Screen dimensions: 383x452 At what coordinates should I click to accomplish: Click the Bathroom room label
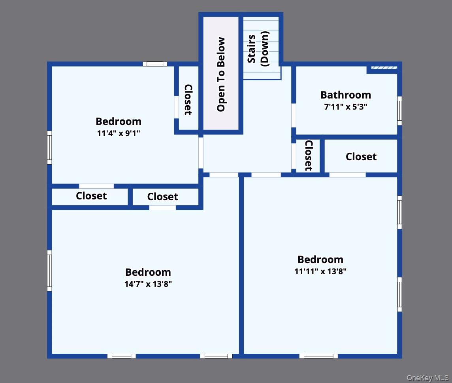[x=346, y=95]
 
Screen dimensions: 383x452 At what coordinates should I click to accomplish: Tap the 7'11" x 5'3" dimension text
[x=346, y=106]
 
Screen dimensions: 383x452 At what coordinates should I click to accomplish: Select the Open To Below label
[x=221, y=74]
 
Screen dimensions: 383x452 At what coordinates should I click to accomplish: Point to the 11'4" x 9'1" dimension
[x=119, y=133]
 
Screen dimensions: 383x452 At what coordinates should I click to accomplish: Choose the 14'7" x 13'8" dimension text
[x=148, y=284]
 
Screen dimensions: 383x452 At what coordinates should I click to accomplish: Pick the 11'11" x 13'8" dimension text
[x=320, y=271]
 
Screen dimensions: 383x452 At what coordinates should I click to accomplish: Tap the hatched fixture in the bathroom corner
[x=384, y=68]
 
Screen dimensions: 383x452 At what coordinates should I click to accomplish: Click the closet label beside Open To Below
[x=188, y=99]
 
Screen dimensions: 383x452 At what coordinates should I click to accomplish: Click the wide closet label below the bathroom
[x=361, y=157]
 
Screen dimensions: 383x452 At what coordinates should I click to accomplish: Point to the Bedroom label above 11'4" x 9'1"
[x=119, y=121]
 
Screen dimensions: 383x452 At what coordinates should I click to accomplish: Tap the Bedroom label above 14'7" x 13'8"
[x=148, y=272]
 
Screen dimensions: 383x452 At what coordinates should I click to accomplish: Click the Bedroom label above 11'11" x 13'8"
[x=320, y=260]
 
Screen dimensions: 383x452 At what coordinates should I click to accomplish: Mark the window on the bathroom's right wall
[x=399, y=110]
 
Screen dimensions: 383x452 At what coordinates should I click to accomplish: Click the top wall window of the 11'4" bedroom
[x=155, y=64]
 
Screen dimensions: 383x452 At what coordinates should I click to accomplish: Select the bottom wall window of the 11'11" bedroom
[x=318, y=356]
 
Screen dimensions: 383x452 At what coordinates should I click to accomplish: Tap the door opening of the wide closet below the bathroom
[x=347, y=175]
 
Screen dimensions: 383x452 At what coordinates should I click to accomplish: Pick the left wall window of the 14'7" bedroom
[x=49, y=271]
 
